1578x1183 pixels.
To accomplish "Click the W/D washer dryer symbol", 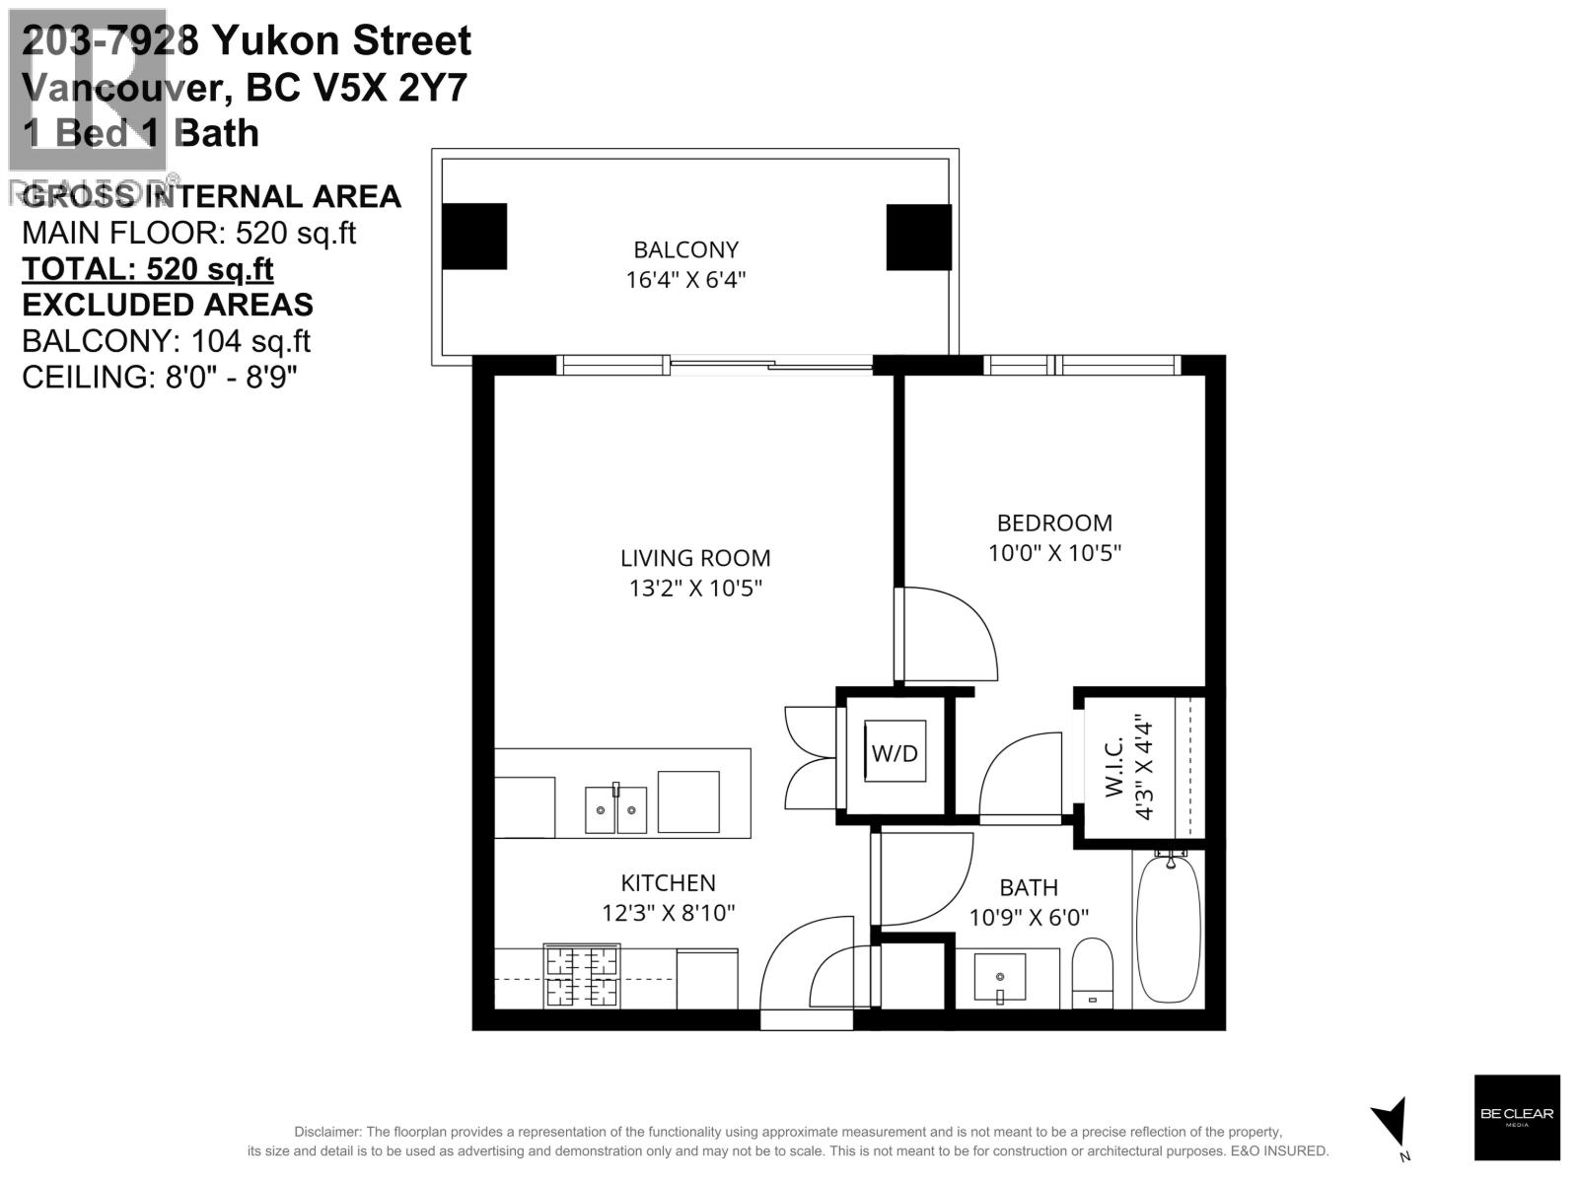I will point(895,753).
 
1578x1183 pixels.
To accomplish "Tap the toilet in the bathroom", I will point(1092,973).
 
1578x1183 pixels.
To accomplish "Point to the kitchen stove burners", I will point(582,976).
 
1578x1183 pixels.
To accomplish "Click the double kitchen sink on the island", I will point(616,808).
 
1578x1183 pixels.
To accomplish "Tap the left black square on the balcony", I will point(474,237).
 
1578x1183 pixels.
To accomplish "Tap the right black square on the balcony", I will point(918,237).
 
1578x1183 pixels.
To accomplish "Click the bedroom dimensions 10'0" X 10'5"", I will point(1054,553).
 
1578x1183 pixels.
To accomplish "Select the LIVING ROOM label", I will point(695,558).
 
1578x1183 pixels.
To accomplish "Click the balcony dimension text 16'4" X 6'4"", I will point(685,280).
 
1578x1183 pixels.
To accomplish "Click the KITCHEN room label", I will point(668,883).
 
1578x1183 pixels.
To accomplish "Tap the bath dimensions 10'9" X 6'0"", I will point(1029,918).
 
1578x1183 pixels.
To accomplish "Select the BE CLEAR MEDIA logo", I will point(1517,1117).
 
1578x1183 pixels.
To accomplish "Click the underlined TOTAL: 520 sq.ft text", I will point(148,269).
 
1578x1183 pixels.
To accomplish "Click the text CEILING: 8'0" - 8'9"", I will point(160,377).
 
